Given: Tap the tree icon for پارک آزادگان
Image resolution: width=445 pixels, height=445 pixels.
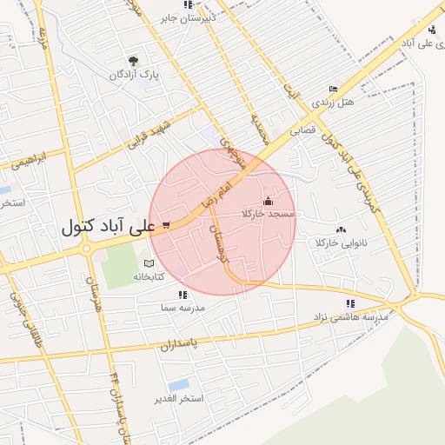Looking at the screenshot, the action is (133, 61).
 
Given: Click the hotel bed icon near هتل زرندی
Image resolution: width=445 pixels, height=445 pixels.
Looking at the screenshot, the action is (333, 89).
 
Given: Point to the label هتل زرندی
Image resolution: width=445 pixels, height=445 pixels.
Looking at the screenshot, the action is (335, 103).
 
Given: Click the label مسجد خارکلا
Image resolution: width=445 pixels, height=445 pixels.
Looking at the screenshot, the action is (269, 214).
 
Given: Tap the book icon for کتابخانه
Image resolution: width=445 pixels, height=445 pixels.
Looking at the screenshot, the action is (149, 263).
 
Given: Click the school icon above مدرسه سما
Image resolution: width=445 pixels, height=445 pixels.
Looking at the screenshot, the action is (182, 296).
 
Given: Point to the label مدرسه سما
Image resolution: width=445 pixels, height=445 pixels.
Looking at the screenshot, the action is (181, 309).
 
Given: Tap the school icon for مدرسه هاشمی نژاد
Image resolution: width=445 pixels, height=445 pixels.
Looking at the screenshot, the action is (350, 303).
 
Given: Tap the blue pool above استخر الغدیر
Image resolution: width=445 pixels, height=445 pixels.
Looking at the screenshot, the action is (180, 384).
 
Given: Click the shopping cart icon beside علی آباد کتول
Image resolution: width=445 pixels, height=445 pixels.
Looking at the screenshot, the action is (165, 224).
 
